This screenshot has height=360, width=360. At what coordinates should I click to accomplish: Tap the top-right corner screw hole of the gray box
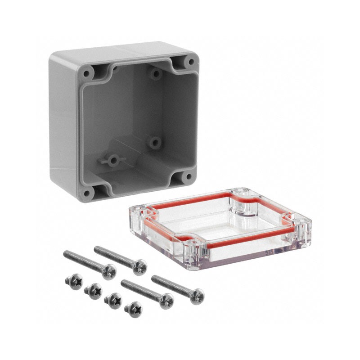[x=190, y=62]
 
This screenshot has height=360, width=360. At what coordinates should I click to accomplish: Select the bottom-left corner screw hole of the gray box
[x=87, y=193]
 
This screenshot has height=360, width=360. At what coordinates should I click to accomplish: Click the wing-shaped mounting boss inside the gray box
[x=112, y=160]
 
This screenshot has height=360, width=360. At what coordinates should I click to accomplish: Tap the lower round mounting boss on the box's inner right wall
[x=155, y=143]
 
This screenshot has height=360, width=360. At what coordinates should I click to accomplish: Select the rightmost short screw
[x=134, y=309]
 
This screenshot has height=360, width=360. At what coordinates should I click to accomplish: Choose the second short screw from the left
[x=94, y=291]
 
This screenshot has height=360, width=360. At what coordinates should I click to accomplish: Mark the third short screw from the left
[x=114, y=300]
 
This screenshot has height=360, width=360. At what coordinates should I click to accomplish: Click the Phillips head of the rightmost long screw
[x=197, y=296]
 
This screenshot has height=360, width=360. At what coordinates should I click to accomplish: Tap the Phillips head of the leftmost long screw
[x=108, y=271]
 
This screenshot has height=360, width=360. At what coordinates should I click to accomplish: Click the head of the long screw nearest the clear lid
[x=197, y=296]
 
